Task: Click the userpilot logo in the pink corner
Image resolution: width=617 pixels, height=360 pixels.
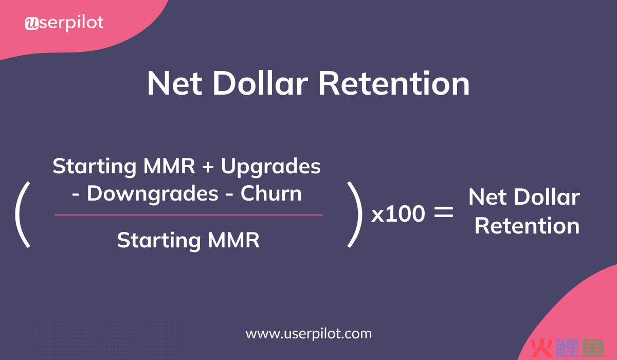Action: [x=64, y=23]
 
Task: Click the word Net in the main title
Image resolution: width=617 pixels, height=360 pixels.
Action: [x=175, y=83]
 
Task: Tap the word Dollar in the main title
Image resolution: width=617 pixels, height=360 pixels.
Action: [x=260, y=83]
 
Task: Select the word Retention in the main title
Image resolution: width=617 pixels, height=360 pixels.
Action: [x=394, y=83]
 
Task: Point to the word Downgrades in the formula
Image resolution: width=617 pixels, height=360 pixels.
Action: [x=153, y=194]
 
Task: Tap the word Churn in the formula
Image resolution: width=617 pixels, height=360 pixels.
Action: [x=271, y=193]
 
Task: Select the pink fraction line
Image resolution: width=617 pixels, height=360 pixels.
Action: [x=189, y=215]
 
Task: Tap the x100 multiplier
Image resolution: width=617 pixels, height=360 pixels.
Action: [x=398, y=214]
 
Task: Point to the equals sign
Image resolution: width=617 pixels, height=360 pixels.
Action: [x=443, y=212]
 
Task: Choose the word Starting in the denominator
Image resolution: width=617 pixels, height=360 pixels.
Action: [x=159, y=241]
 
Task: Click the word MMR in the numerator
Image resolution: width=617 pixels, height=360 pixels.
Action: [x=169, y=166]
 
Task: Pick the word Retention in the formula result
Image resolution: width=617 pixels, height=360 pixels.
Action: [x=527, y=226]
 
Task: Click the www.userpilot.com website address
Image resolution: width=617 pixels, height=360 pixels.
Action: [x=308, y=334]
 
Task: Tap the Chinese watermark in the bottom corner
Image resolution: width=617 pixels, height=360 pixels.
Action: [x=568, y=348]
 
